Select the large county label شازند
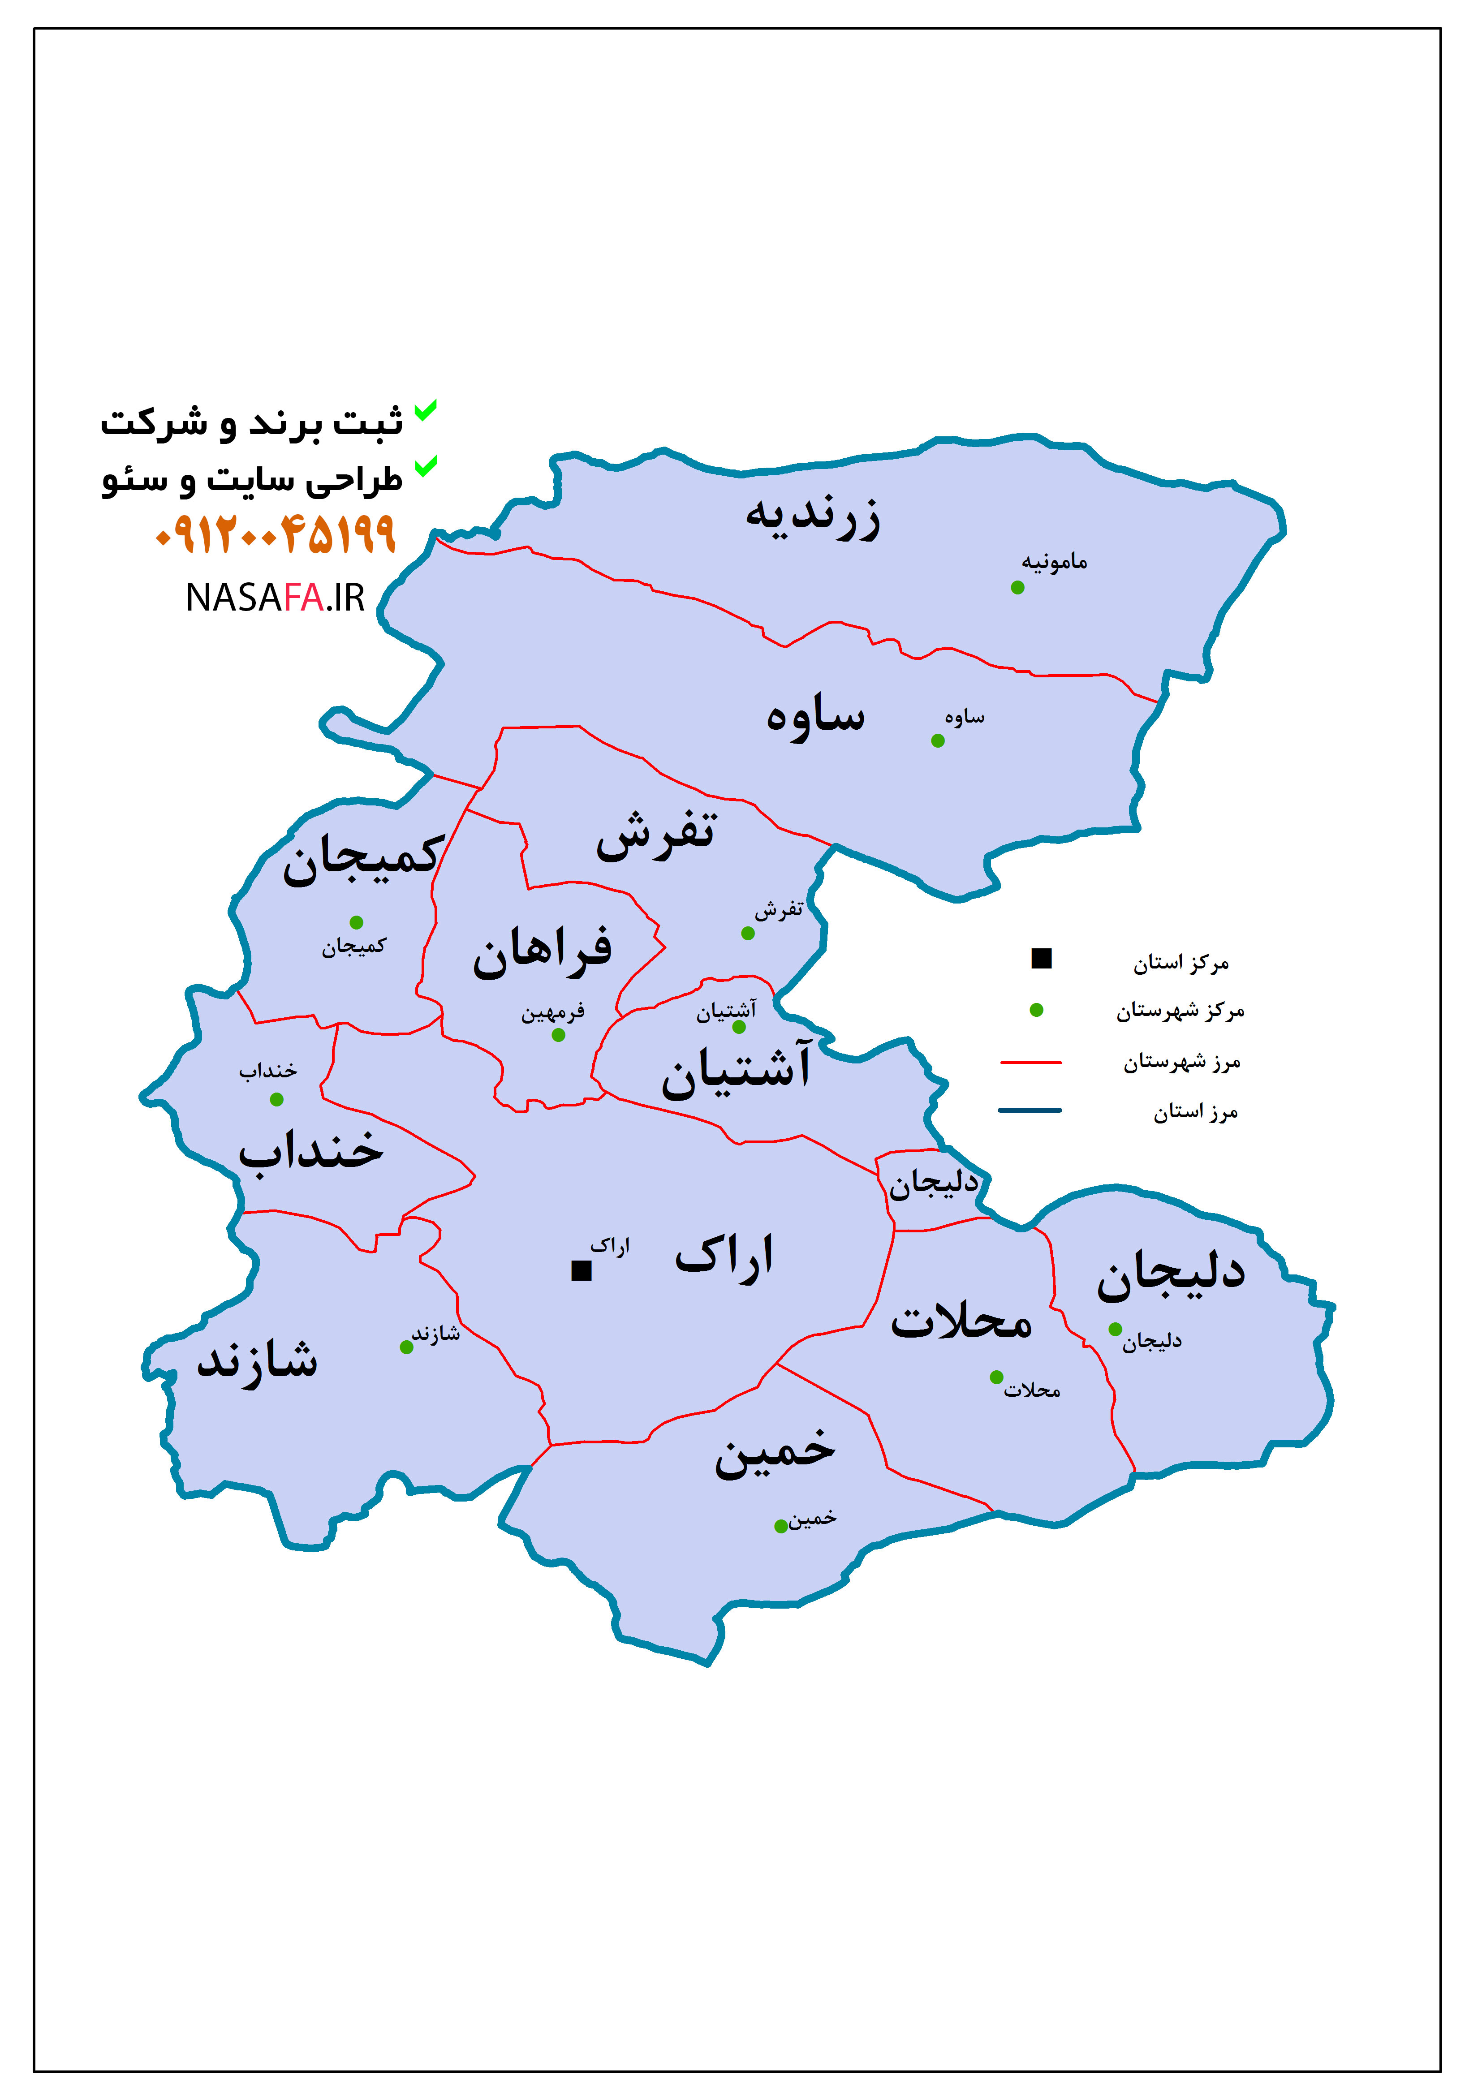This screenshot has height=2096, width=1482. (x=258, y=1360)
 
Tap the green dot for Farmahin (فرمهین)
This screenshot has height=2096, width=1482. (x=558, y=1035)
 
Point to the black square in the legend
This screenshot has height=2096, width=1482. (x=1041, y=959)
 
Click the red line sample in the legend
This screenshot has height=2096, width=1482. (x=1031, y=1063)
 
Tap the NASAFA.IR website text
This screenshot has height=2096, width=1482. (x=275, y=598)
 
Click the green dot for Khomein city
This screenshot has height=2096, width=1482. (x=781, y=1526)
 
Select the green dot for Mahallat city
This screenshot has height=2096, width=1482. (x=996, y=1377)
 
